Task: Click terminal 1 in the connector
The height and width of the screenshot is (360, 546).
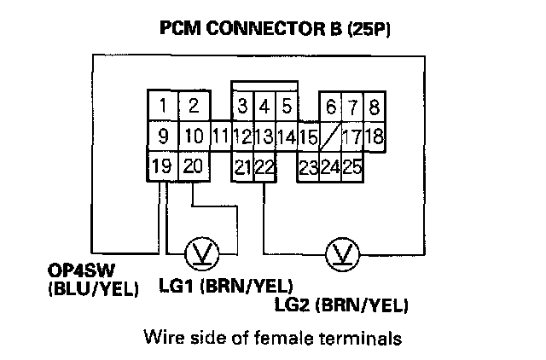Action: (161, 107)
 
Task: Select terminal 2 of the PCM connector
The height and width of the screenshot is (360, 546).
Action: (194, 107)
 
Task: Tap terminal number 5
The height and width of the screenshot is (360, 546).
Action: (287, 107)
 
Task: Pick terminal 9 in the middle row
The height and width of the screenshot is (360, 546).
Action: (162, 136)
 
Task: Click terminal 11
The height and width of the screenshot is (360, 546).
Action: (220, 136)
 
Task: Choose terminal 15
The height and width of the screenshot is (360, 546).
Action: (308, 136)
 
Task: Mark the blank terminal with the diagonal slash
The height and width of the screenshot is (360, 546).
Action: (330, 136)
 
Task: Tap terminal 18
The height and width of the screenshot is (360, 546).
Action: (374, 136)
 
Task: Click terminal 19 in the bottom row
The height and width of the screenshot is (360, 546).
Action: (161, 165)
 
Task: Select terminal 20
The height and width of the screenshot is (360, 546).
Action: (194, 165)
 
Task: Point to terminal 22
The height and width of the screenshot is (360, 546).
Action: (264, 166)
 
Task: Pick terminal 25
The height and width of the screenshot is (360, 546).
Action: (352, 166)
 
